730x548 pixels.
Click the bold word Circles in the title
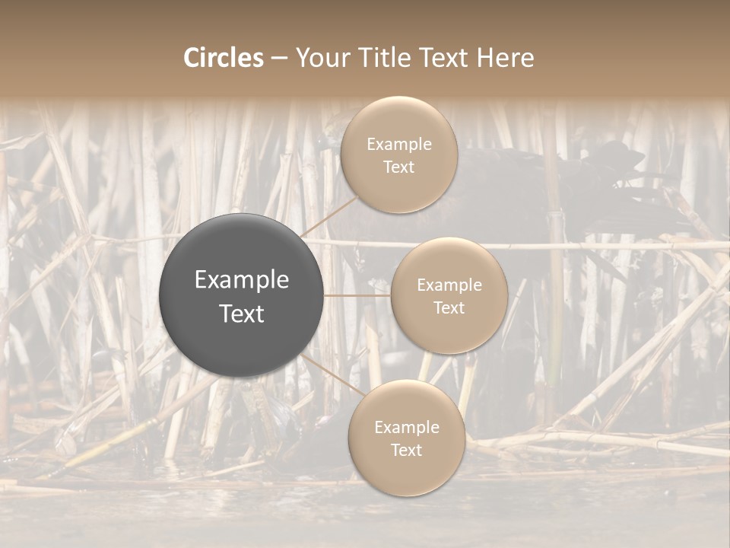pos(223,58)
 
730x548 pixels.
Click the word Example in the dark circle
pos(242,280)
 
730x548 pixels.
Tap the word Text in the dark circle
pos(242,314)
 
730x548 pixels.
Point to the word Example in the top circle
pos(398,145)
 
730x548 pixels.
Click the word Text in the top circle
pos(398,167)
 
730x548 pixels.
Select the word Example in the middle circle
pos(449,285)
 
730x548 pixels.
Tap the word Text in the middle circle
pos(449,308)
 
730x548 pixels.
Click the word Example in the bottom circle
pos(406,428)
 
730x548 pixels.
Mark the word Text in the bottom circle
pos(406,451)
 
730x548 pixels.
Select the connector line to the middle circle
pos(357,295)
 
